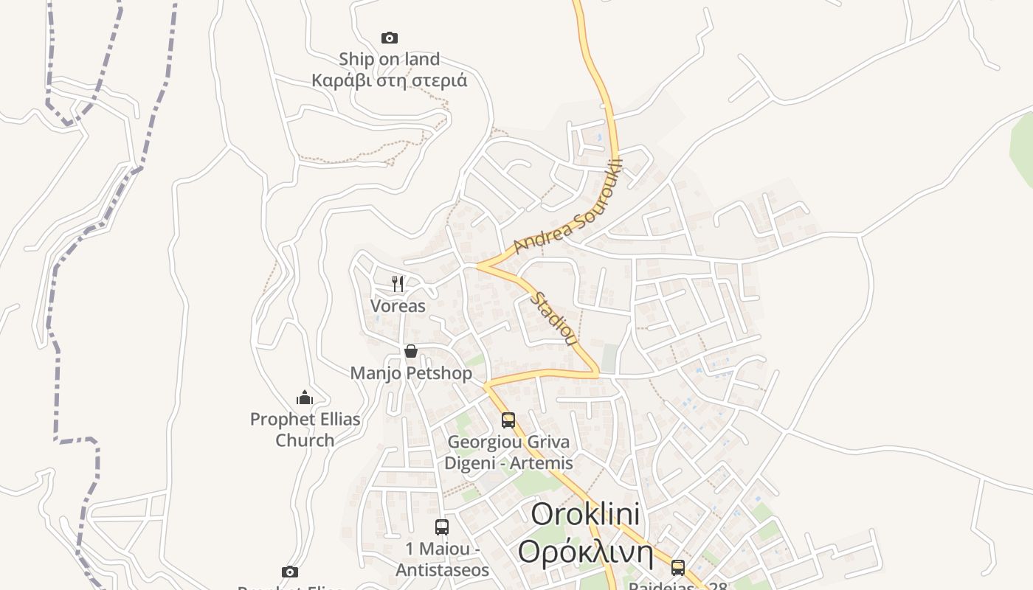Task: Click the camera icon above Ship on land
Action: pos(389,38)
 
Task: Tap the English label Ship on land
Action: pos(389,59)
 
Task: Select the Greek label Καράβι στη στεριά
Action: pos(389,80)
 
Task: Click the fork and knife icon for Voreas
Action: pos(398,283)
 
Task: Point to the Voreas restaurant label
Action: pos(398,305)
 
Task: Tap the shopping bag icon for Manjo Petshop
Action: pos(411,351)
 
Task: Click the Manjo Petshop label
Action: pos(411,373)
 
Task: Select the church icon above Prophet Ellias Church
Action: pos(305,398)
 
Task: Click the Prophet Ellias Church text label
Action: pos(305,429)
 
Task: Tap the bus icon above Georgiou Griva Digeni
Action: pos(508,420)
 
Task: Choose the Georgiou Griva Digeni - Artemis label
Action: pos(508,452)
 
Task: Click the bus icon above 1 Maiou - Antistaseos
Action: pos(442,527)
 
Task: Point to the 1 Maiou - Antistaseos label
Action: pos(442,560)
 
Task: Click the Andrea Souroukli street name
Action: pos(569,207)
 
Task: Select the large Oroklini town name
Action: pos(585,514)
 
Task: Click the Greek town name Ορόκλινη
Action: pos(585,551)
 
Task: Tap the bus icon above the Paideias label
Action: pos(677,568)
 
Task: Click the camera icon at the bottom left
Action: pos(290,572)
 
